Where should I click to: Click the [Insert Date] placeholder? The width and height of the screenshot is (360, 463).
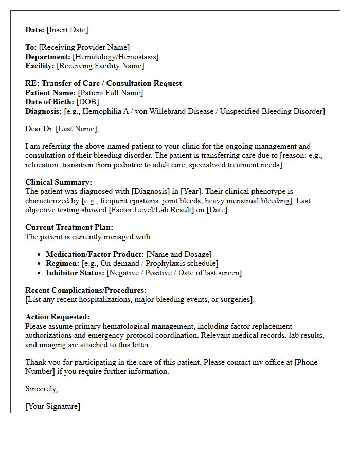(67, 30)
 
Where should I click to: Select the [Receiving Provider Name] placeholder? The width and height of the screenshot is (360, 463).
(84, 48)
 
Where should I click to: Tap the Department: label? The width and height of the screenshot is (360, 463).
(48, 57)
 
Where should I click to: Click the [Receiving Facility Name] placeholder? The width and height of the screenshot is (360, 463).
(100, 66)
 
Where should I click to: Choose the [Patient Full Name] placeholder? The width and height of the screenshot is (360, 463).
(111, 93)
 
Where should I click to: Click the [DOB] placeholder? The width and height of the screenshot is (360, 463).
(88, 102)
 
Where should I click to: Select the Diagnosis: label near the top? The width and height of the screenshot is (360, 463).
(43, 111)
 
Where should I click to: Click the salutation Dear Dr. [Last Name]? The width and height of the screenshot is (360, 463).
(62, 129)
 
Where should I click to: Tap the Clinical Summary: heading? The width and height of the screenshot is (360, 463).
(59, 182)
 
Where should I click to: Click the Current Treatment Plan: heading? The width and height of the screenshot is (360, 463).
(69, 227)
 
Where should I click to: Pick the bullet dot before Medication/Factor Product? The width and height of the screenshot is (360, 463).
(40, 255)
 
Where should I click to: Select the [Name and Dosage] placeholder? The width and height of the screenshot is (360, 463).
(179, 254)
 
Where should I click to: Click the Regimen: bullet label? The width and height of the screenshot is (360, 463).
(62, 263)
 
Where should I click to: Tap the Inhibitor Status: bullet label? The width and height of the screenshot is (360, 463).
(75, 273)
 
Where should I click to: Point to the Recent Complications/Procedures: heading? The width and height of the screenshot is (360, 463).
(86, 290)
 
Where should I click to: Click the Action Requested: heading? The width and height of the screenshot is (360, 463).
(57, 317)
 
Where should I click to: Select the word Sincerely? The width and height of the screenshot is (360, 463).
(42, 389)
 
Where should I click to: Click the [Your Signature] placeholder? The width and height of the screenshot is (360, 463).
(52, 406)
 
